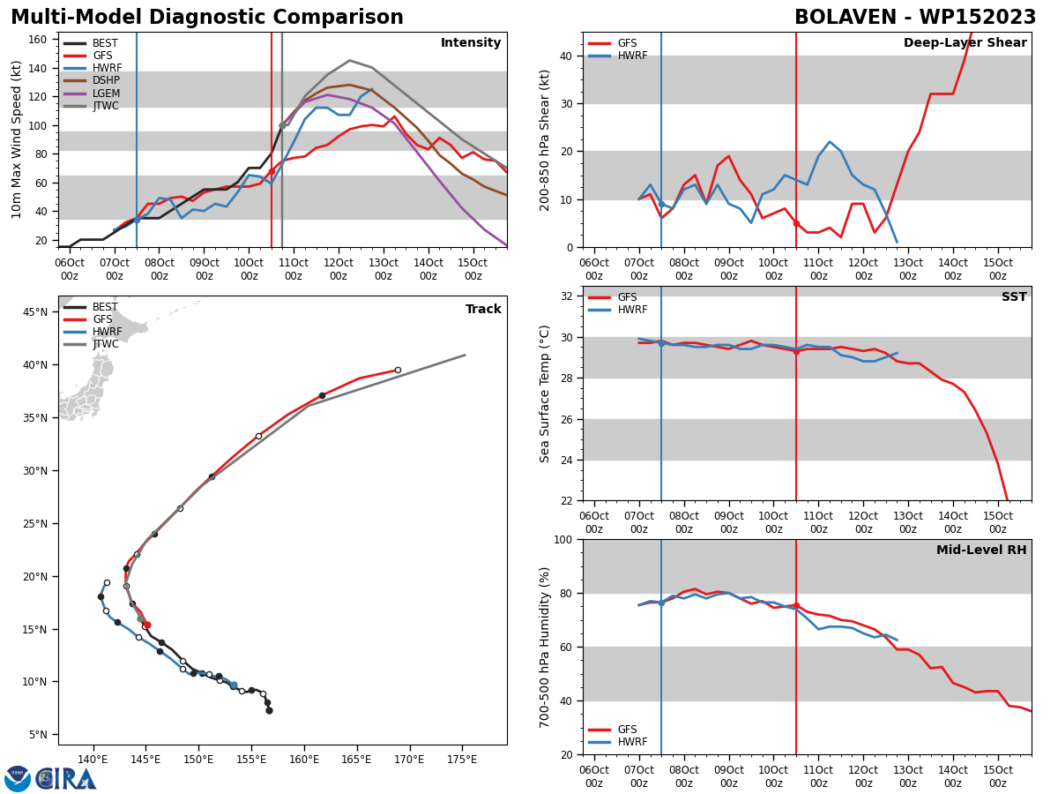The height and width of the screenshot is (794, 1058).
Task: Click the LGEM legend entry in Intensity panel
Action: (x=92, y=93)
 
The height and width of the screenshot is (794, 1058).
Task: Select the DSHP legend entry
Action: (x=92, y=80)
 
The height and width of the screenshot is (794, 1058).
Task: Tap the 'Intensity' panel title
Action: (x=471, y=43)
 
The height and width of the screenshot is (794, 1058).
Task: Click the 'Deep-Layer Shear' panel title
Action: (x=965, y=43)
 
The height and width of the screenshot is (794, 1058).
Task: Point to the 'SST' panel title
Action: (x=1014, y=296)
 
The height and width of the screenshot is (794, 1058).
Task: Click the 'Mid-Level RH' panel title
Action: (x=981, y=550)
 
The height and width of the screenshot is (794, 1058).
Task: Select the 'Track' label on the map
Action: (x=483, y=309)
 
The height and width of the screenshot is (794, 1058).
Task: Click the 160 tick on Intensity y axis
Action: (x=37, y=40)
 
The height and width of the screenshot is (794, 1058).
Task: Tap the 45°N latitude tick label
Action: (x=35, y=312)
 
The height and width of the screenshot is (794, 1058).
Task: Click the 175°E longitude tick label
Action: (x=462, y=760)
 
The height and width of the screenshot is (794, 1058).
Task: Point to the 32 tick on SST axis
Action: (x=567, y=296)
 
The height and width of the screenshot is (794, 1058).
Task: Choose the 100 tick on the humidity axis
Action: (x=563, y=539)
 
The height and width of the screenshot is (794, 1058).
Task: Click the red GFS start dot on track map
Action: (x=147, y=625)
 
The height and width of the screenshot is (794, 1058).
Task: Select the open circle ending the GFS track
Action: (x=398, y=371)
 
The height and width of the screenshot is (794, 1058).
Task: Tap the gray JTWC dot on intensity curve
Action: (x=282, y=126)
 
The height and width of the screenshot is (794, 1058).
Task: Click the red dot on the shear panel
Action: (x=796, y=224)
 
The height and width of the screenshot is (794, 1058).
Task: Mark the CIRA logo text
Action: (x=66, y=779)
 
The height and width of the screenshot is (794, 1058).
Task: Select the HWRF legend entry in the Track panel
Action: (x=93, y=332)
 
